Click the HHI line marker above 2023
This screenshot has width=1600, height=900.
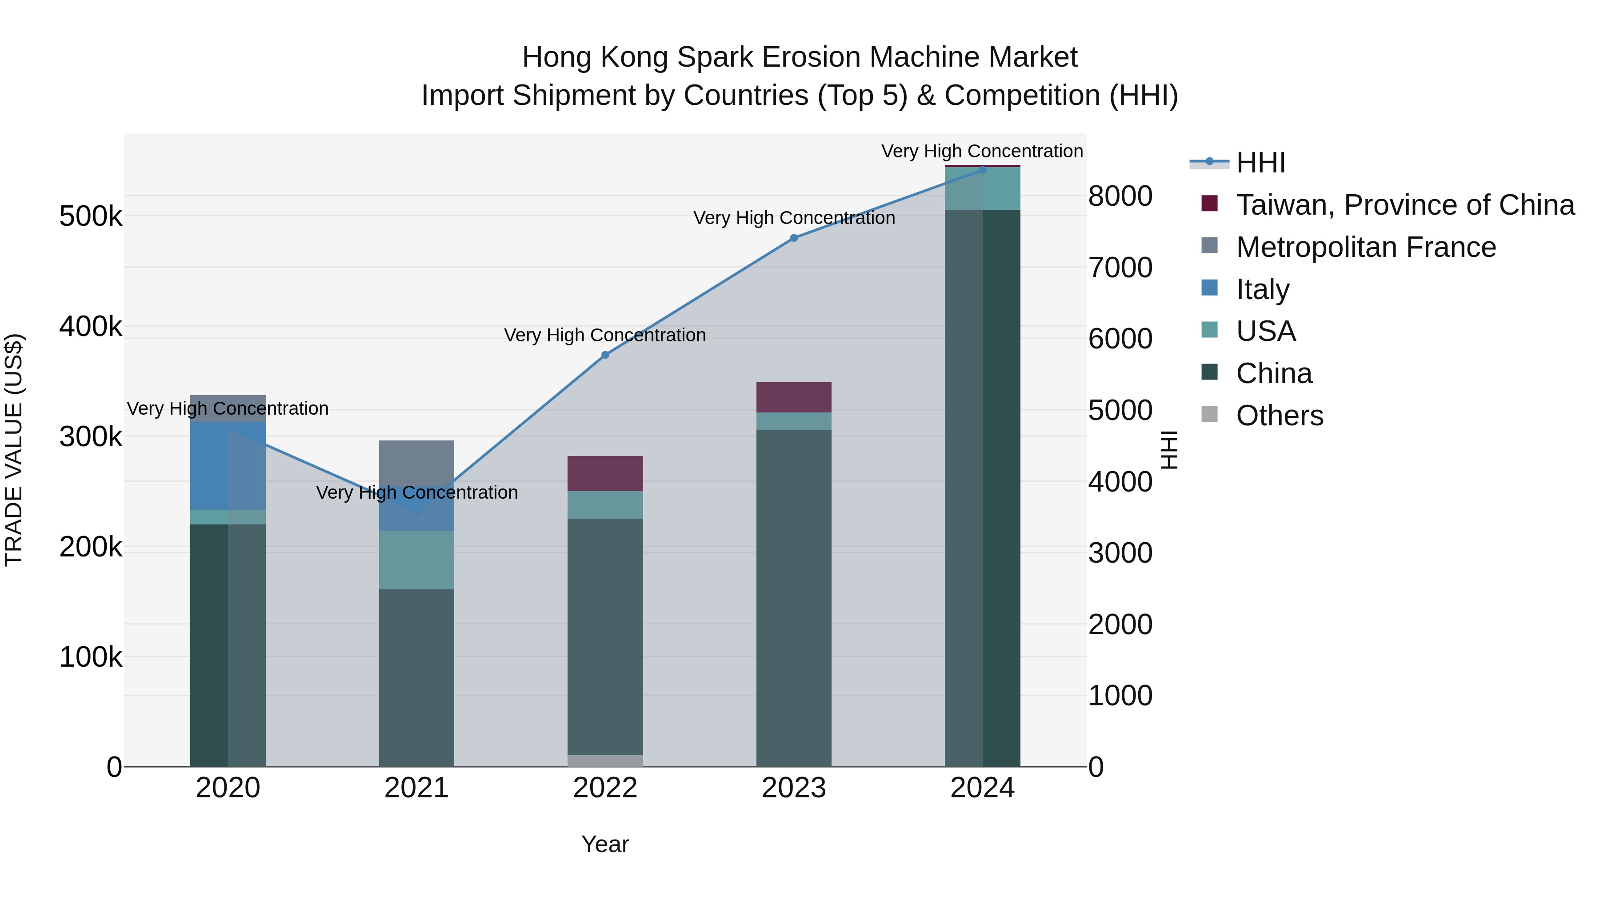pos(794,238)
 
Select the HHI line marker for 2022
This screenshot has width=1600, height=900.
pos(605,355)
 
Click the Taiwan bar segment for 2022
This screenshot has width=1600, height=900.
pos(605,473)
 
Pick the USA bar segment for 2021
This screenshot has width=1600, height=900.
pos(416,560)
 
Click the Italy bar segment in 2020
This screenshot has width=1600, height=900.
pos(227,466)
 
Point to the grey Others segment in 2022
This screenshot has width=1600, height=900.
pos(605,760)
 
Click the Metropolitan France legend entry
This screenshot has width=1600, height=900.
pos(1366,247)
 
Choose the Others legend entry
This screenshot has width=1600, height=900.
pos(1280,416)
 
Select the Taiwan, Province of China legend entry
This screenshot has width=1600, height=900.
pos(1405,205)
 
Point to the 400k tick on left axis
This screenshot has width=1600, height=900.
pos(91,327)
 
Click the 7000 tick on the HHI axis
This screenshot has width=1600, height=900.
pos(1120,268)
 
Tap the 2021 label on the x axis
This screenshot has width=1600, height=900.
pos(416,788)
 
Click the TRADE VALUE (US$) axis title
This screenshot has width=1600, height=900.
pos(14,450)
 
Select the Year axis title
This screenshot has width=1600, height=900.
pos(605,844)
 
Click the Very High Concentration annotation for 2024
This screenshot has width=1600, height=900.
pos(982,151)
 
